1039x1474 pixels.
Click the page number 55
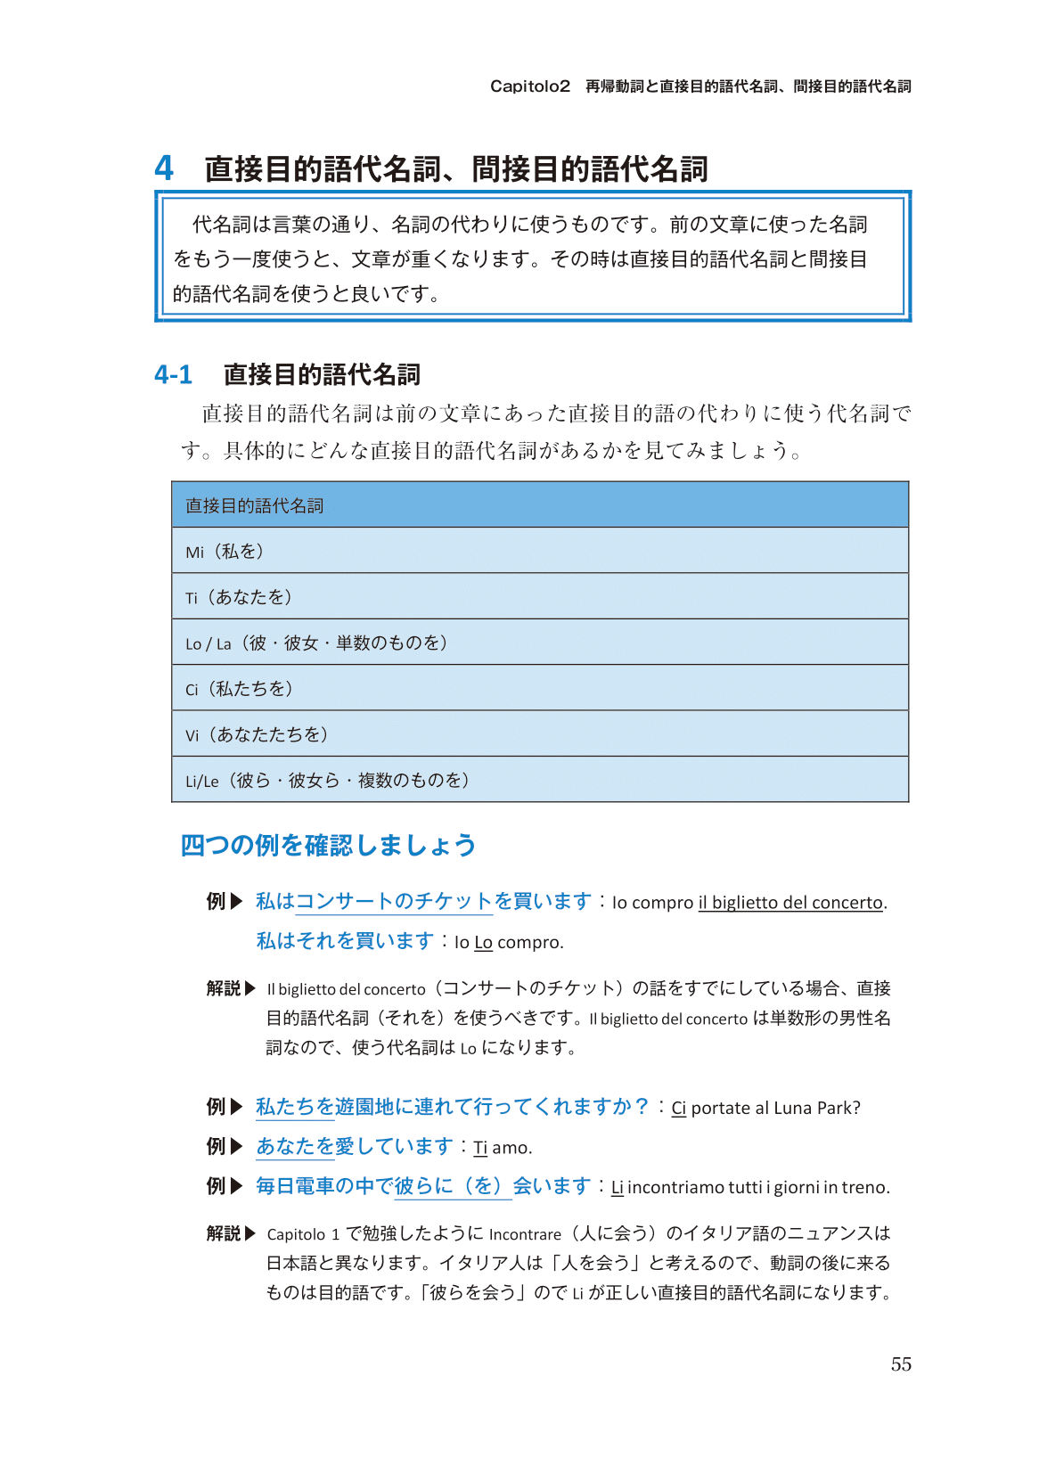901,1364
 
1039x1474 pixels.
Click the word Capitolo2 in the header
529,86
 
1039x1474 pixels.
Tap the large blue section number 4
164,168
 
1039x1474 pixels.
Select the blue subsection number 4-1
173,374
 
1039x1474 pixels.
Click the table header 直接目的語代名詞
254,505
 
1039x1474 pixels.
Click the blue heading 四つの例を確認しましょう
328,845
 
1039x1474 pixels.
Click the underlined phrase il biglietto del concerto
790,903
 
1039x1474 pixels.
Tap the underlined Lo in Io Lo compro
483,943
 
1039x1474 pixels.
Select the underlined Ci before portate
678,1109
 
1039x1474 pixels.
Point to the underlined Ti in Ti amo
480,1148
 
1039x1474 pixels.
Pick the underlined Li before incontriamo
617,1187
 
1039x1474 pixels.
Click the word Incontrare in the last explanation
525,1234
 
